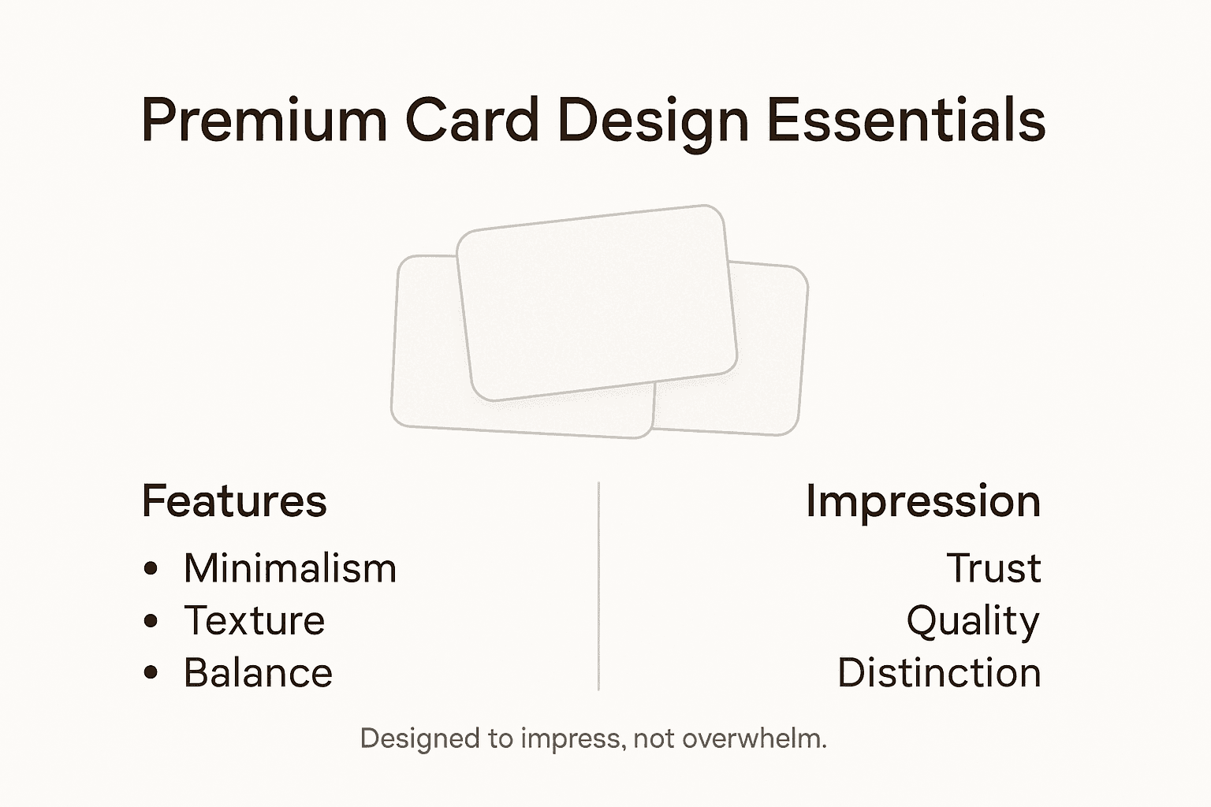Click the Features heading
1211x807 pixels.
(234, 501)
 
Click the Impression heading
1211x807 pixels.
(922, 502)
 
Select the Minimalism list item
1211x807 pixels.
(289, 568)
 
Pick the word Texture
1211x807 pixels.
(254, 621)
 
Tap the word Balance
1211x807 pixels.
(258, 673)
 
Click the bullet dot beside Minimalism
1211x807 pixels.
(151, 569)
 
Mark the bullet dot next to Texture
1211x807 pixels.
(151, 621)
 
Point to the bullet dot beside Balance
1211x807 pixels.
(151, 673)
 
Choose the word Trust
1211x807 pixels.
(993, 568)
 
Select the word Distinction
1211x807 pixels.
(939, 673)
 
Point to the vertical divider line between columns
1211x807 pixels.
(598, 586)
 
